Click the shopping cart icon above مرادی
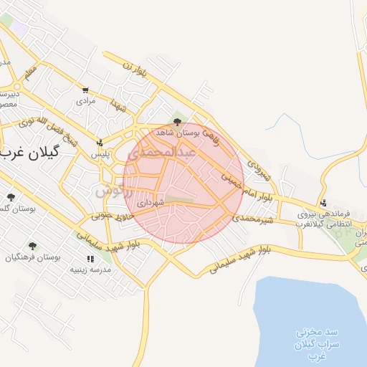(86, 90)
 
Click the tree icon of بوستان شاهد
(177, 121)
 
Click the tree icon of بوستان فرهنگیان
(11, 254)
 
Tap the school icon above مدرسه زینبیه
(90, 259)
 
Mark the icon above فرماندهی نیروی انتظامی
(324, 202)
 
